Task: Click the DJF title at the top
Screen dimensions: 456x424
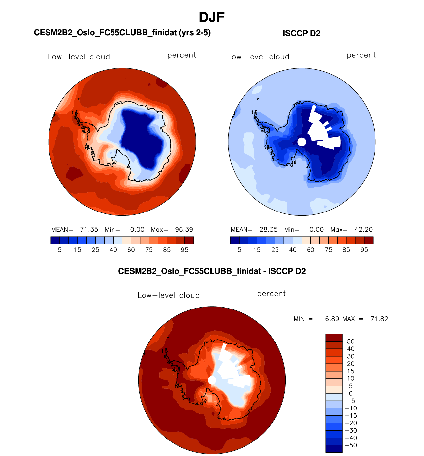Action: tap(212, 17)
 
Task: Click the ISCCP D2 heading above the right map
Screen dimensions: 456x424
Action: tap(301, 33)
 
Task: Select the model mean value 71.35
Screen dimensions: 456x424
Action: tap(89, 230)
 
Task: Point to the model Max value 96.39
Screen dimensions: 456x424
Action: tap(184, 230)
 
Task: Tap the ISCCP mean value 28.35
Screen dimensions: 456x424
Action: tap(268, 230)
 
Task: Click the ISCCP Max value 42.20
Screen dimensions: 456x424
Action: tap(363, 230)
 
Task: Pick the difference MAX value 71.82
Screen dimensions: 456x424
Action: tap(379, 319)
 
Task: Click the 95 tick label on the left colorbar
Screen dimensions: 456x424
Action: tap(185, 250)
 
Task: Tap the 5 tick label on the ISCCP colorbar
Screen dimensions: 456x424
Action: tap(239, 250)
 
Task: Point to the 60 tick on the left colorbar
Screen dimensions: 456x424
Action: tap(131, 250)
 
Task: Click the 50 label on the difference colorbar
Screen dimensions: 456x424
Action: tap(351, 342)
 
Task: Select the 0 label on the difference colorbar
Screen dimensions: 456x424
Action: tap(351, 393)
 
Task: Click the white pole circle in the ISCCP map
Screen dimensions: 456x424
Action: tap(302, 142)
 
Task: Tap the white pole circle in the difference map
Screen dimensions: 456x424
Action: tap(212, 380)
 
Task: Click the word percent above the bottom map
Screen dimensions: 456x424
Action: tap(271, 294)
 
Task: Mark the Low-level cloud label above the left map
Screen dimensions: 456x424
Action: tap(79, 57)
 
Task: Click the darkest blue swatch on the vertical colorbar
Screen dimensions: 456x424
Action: tap(334, 449)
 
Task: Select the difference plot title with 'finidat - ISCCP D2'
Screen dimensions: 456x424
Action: tap(212, 271)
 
